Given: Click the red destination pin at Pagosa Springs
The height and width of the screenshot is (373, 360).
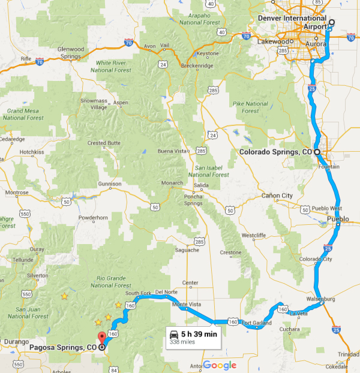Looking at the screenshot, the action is coord(101,338).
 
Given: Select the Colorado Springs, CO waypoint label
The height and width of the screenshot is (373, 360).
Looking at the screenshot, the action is coord(275,152).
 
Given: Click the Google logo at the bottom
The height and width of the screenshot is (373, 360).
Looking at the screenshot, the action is coord(219,365).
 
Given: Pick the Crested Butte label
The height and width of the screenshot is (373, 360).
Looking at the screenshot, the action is coord(104,143).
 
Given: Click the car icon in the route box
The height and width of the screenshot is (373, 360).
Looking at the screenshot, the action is coord(173,334).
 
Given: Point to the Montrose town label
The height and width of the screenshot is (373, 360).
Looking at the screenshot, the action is coord(16,192).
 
